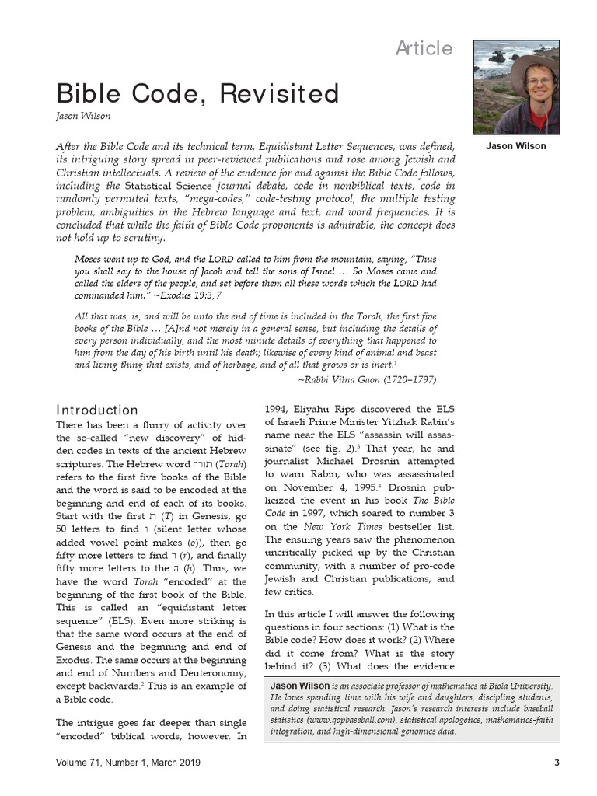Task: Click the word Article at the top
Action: tap(424, 48)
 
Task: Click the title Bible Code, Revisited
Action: tap(197, 94)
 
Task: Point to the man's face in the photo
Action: tap(538, 84)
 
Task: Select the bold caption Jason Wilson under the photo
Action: tap(515, 146)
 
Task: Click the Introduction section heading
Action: tap(97, 410)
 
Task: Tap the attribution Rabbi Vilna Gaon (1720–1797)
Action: tap(368, 379)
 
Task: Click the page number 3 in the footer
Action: tap(557, 763)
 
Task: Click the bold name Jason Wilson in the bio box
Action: tap(299, 686)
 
